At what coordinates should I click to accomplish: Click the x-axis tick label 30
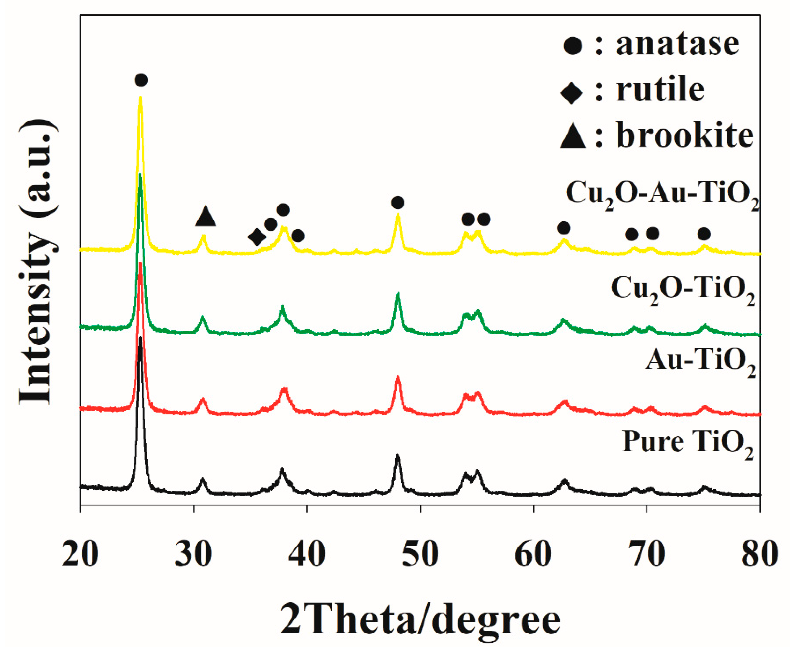[193, 555]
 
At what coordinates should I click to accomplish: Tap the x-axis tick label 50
[420, 555]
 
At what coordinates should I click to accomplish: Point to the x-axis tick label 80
[759, 555]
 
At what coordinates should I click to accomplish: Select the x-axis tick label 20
[80, 555]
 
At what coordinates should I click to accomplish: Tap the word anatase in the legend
[677, 44]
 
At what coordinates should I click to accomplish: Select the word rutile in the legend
[660, 90]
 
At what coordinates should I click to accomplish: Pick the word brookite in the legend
[685, 136]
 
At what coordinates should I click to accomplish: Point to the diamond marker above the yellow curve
[257, 237]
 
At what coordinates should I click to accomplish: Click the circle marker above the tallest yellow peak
[141, 80]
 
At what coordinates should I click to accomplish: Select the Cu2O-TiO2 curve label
[683, 290]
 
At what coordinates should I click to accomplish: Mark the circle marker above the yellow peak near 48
[398, 203]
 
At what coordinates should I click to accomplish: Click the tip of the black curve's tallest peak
[140, 337]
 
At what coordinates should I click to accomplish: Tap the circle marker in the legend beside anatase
[572, 46]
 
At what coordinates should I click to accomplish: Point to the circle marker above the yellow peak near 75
[704, 234]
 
